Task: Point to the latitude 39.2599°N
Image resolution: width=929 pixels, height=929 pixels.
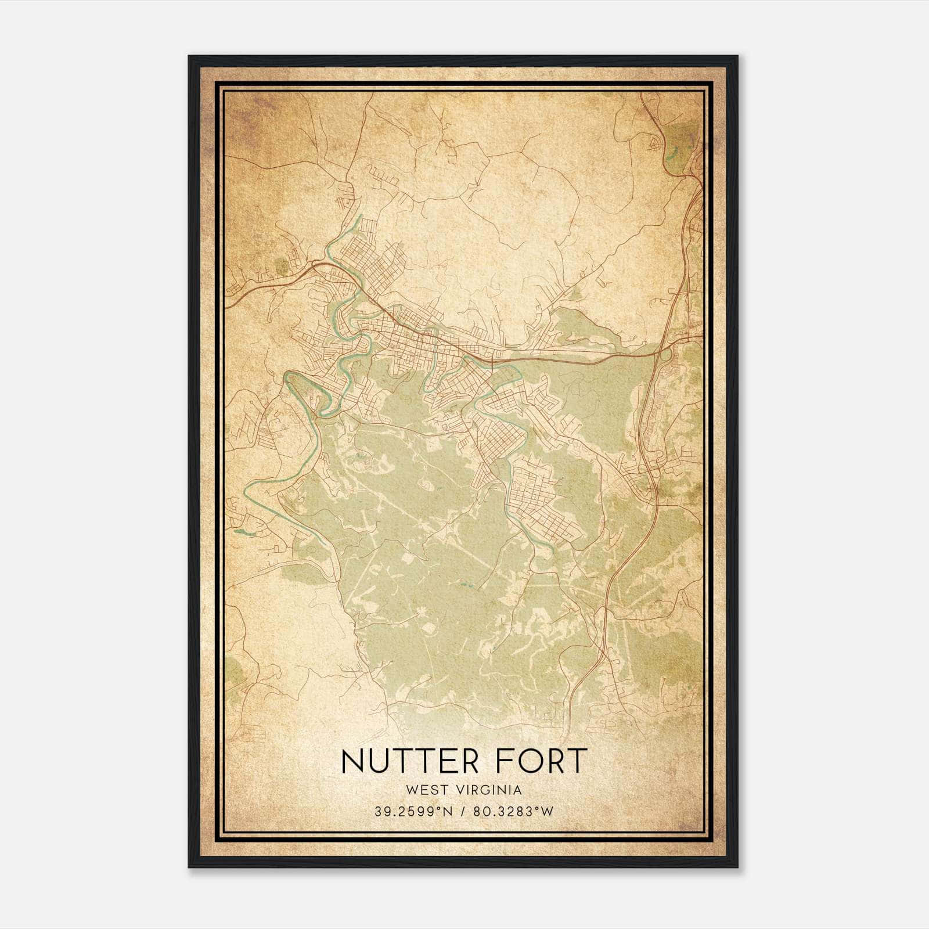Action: pos(412,812)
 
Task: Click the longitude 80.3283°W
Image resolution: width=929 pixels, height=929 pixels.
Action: pos(513,812)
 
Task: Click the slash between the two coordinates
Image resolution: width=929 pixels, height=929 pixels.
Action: pos(463,812)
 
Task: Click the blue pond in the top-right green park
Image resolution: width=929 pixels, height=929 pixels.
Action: pos(674,154)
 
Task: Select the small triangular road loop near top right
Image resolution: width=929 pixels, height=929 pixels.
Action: pos(656,142)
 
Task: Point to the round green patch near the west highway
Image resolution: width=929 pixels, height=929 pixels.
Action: pos(282,266)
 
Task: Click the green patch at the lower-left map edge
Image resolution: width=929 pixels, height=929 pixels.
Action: pos(234,672)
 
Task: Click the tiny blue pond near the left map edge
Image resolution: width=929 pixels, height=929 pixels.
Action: pos(239,531)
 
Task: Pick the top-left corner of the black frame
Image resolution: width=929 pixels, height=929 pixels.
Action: pos(189,57)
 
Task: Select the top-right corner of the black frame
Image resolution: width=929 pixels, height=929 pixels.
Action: pos(737,57)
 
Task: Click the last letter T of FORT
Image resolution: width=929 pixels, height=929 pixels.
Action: pos(577,761)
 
